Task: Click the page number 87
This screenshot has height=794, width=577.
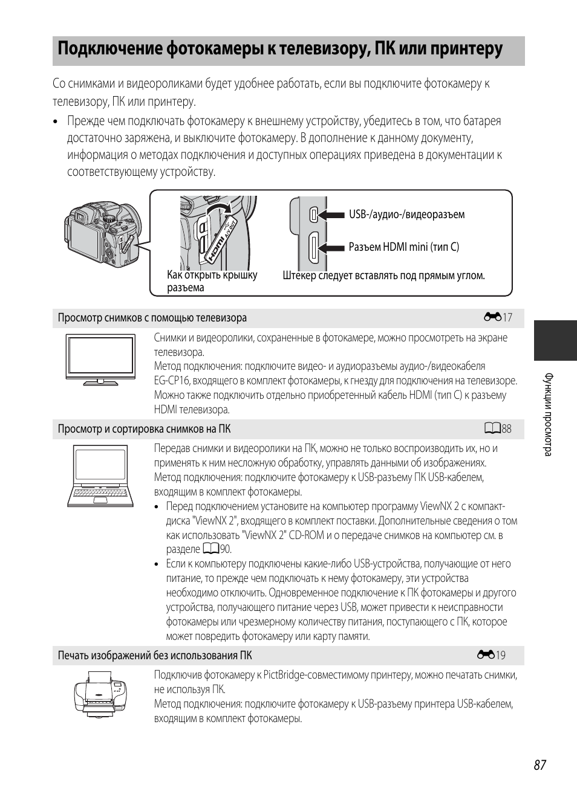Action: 540,764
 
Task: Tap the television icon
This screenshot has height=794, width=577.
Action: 100,360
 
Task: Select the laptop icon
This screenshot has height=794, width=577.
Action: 100,476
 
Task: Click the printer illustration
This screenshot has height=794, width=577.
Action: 101,695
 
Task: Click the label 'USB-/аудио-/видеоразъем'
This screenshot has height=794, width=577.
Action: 406,215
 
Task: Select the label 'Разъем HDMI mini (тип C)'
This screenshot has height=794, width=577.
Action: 403,247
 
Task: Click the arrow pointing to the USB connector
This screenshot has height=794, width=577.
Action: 332,215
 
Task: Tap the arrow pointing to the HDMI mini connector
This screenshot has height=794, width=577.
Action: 332,247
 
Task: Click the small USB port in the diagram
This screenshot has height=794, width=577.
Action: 313,214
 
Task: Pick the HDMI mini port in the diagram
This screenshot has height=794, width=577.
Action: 313,247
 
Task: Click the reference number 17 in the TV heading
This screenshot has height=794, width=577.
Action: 507,318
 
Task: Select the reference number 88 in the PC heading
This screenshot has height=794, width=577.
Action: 506,429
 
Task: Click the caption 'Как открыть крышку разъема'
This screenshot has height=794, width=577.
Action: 212,281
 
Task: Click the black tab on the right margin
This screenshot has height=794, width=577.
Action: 555,340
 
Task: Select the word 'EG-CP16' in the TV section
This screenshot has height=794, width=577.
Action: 172,381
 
